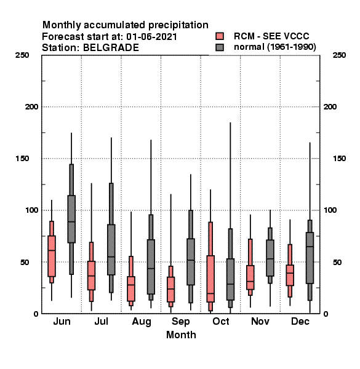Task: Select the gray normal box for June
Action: point(71,219)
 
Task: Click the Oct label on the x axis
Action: point(220,321)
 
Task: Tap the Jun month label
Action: point(62,321)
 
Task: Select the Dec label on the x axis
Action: point(300,321)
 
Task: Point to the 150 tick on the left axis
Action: point(22,159)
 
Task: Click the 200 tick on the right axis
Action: point(330,106)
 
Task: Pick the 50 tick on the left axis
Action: point(25,262)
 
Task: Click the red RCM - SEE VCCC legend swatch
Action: point(220,36)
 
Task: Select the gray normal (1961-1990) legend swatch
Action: point(220,47)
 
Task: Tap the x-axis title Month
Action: point(181,335)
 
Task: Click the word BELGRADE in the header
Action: point(111,48)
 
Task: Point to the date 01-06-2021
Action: point(151,36)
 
